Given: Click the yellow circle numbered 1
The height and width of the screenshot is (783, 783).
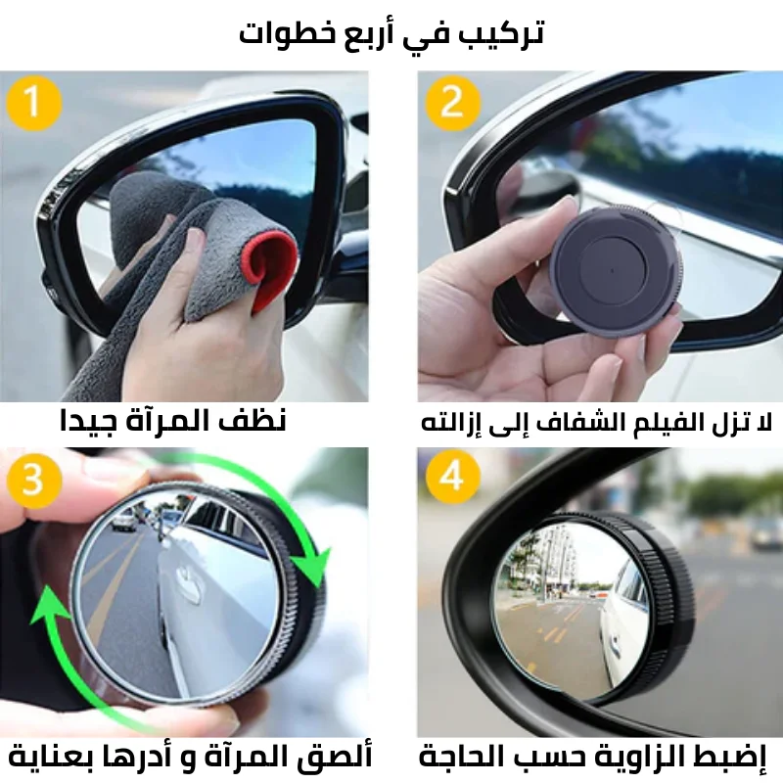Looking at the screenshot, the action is coord(34,103).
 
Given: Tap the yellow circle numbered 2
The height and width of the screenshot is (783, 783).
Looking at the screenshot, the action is coord(453,103).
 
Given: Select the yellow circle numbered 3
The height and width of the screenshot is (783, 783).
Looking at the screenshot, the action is coord(34,480).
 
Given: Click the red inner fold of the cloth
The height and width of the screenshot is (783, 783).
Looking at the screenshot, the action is coord(271,270).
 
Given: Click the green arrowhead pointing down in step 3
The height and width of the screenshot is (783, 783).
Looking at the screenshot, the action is coord(312,566).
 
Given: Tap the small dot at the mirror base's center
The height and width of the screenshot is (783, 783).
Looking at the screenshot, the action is coord(613,271).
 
